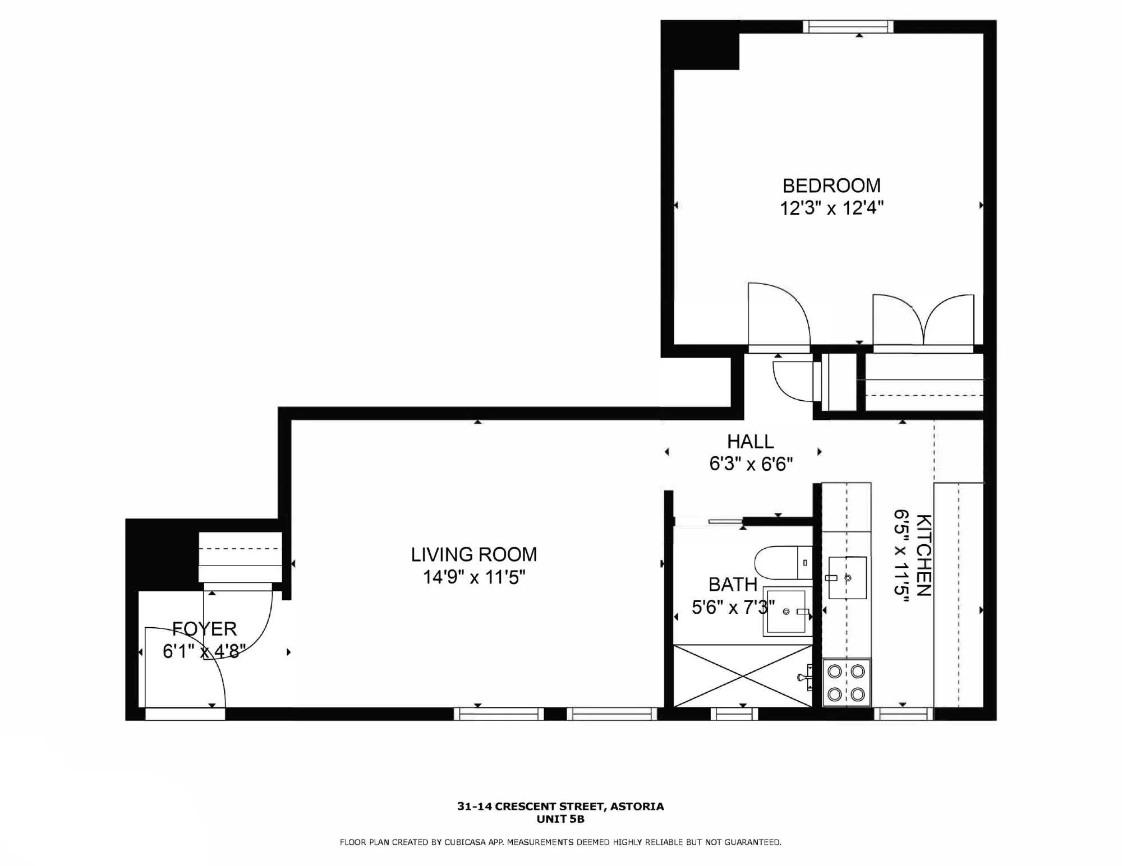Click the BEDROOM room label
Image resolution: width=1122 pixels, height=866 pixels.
[x=831, y=186]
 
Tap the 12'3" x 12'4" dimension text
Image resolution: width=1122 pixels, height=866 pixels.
[x=831, y=209]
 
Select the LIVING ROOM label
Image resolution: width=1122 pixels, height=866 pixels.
[x=473, y=554]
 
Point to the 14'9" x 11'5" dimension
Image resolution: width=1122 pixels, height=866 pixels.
[x=473, y=577]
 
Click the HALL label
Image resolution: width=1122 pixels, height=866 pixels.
[x=750, y=442]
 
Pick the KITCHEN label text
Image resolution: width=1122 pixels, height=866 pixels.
[x=923, y=555]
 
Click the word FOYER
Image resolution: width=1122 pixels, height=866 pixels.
[x=204, y=628]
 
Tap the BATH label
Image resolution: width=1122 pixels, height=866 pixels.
[x=733, y=585]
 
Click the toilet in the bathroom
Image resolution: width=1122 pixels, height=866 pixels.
[x=783, y=563]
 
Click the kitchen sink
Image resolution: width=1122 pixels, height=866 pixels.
[x=847, y=577]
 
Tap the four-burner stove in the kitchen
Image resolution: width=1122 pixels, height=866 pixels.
[x=846, y=682]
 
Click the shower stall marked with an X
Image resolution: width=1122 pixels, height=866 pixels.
[x=742, y=675]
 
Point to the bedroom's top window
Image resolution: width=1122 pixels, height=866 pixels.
[x=848, y=26]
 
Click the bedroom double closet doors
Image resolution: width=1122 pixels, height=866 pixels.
[x=923, y=321]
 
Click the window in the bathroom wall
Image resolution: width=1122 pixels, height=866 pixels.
[x=734, y=714]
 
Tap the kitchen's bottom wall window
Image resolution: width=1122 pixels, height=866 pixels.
[x=903, y=714]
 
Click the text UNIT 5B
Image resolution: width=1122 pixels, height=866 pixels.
[x=560, y=819]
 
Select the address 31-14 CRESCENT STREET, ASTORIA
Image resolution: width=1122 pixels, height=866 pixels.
[x=560, y=807]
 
